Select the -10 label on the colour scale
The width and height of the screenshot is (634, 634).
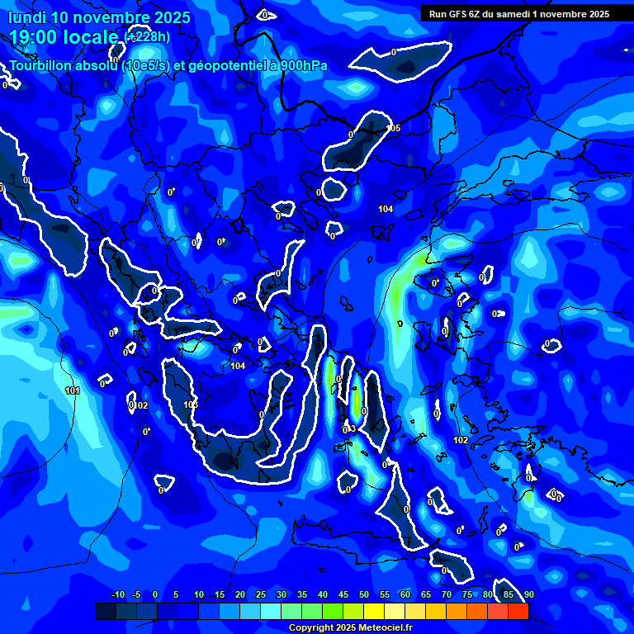pyautogui.click(x=117, y=594)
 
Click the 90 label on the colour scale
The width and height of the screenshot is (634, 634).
pyautogui.click(x=528, y=594)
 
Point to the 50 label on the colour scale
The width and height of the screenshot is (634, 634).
pyautogui.click(x=364, y=594)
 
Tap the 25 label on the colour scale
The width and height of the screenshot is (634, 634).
pyautogui.click(x=261, y=594)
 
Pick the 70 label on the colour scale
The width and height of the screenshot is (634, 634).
pyautogui.click(x=447, y=594)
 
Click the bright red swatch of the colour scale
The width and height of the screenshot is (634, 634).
pyautogui.click(x=518, y=611)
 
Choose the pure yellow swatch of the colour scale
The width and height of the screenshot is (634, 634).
pyautogui.click(x=374, y=611)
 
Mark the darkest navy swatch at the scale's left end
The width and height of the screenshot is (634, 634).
pyautogui.click(x=105, y=611)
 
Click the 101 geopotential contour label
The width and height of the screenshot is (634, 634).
pyautogui.click(x=73, y=390)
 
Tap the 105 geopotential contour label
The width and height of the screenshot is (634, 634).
pyautogui.click(x=395, y=128)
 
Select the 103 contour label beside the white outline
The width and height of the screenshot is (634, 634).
pyautogui.click(x=191, y=405)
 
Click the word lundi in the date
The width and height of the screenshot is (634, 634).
pyautogui.click(x=26, y=17)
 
